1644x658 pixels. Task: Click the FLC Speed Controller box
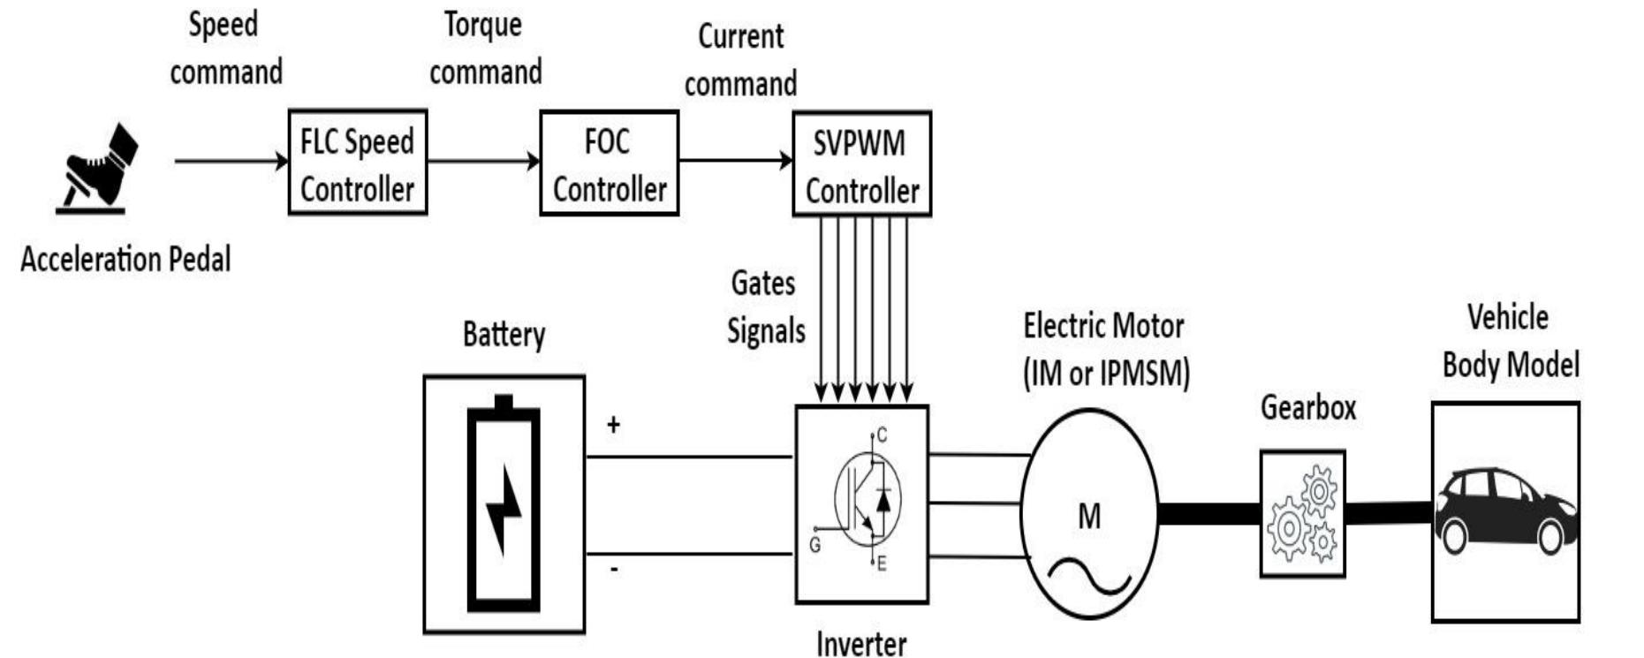tap(357, 163)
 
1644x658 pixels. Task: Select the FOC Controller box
tap(609, 163)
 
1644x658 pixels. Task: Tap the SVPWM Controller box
tap(861, 164)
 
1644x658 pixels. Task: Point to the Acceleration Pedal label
tap(125, 260)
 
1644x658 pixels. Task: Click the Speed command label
tap(225, 48)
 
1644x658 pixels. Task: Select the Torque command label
tap(485, 48)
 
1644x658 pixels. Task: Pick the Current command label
tap(740, 60)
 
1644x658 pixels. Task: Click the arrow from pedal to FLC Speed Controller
tap(231, 162)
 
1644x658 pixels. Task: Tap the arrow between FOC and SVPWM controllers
tap(735, 161)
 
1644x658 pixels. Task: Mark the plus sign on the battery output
tap(613, 425)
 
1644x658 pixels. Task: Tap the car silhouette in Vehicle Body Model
tap(1504, 511)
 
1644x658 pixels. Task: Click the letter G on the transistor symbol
tap(814, 546)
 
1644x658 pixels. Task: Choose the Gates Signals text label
tap(765, 307)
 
